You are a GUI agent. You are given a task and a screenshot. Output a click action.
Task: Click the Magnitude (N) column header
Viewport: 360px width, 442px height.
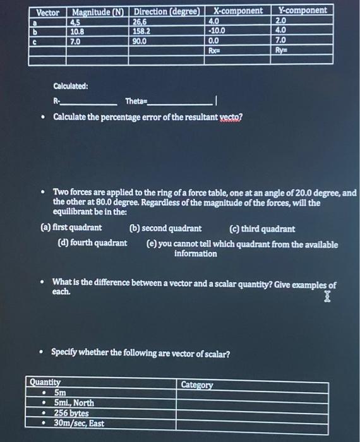[x=99, y=11]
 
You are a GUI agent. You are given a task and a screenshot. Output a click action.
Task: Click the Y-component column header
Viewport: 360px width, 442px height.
[x=303, y=11]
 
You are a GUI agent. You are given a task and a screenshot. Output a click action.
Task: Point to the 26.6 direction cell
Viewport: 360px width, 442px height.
[x=141, y=21]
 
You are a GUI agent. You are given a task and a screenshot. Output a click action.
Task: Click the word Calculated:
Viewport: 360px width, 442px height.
[x=71, y=86]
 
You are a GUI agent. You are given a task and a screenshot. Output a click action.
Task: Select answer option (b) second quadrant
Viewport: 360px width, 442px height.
[x=165, y=229]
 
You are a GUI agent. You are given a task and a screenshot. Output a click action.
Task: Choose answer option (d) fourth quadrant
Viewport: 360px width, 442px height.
[x=92, y=244]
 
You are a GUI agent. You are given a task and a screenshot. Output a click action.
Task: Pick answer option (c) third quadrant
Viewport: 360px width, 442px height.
[x=262, y=229]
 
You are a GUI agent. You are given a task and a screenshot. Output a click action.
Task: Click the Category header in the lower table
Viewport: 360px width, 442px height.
[x=198, y=385]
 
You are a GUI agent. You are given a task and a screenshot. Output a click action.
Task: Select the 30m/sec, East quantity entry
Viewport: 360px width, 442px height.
[x=79, y=422]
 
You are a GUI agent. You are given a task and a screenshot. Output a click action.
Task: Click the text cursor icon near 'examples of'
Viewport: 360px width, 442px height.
[x=327, y=297]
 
